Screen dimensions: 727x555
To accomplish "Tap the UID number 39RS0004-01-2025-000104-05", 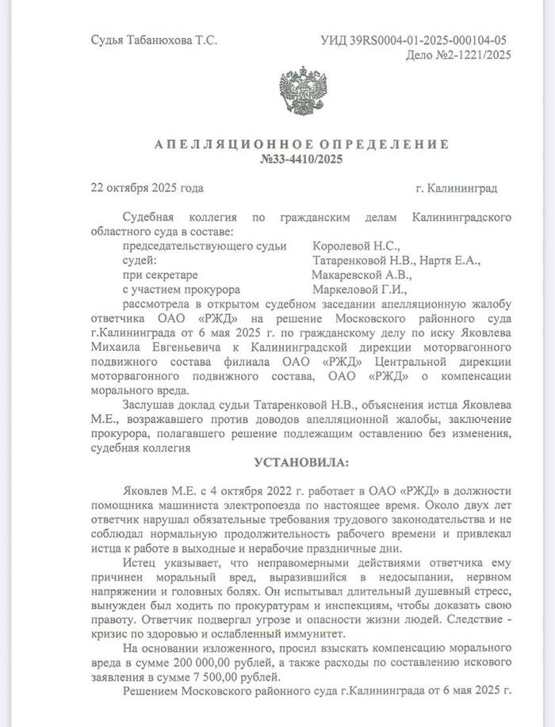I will click(x=429, y=40).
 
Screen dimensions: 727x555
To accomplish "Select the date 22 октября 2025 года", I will click(x=147, y=188).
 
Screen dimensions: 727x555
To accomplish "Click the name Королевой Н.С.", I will click(x=357, y=248).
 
